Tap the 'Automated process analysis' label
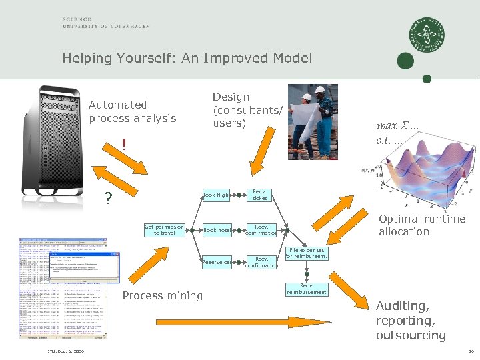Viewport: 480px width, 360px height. point(132,111)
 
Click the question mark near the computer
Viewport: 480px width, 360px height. point(108,199)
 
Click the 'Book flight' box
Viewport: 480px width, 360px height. point(216,195)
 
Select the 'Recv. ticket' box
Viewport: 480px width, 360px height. point(260,195)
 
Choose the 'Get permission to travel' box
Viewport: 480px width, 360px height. point(164,230)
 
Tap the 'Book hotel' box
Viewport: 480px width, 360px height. point(217,230)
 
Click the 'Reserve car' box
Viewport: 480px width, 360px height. point(217,261)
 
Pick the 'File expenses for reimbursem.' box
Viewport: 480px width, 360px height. point(306,253)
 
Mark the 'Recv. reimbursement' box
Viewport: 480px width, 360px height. point(306,289)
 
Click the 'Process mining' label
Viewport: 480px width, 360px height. point(163,295)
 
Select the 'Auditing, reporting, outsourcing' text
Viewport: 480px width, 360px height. point(411,321)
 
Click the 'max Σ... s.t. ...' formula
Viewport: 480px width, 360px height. point(398,133)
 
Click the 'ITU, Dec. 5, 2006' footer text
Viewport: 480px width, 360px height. point(65,351)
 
